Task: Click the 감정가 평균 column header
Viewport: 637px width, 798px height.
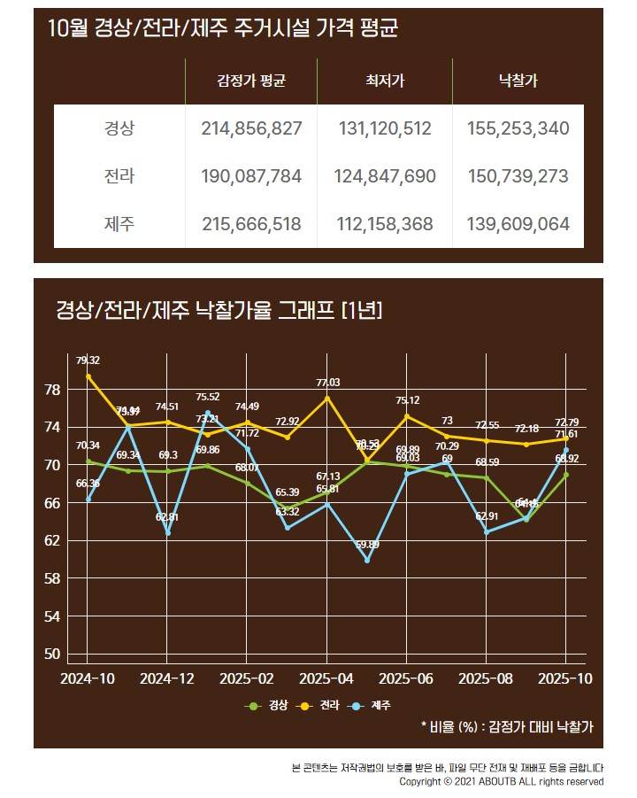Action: [252, 81]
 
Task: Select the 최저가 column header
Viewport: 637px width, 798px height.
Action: [385, 81]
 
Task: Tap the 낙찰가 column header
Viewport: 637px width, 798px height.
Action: [518, 81]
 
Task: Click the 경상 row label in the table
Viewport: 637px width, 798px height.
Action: [119, 128]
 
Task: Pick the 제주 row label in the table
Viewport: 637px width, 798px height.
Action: [119, 224]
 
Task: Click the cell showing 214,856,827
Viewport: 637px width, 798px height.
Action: [252, 128]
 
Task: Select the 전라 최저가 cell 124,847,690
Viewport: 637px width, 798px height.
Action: [385, 176]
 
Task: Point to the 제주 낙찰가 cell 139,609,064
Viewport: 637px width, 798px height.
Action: [518, 224]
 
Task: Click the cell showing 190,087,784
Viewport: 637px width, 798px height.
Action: [252, 176]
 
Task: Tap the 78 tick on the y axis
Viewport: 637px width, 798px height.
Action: [52, 390]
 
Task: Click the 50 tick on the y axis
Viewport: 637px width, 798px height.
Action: [52, 654]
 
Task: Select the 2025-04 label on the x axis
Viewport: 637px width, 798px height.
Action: [326, 678]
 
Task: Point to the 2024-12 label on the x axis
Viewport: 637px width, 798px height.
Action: [167, 678]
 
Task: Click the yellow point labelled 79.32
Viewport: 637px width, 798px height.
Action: [88, 376]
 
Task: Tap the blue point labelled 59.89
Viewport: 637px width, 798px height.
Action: [366, 560]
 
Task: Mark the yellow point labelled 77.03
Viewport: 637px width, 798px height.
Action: [326, 398]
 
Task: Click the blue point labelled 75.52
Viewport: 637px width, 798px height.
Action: [207, 412]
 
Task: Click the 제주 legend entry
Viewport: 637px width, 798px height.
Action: [372, 706]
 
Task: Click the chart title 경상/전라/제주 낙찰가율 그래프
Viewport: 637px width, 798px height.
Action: [218, 310]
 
